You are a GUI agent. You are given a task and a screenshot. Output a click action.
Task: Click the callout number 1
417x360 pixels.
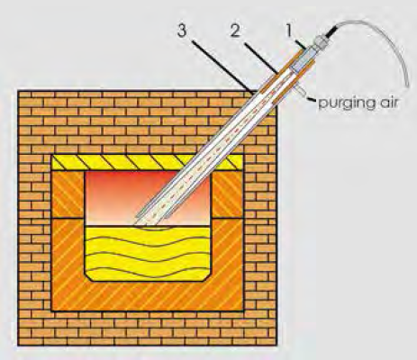[x=288, y=31]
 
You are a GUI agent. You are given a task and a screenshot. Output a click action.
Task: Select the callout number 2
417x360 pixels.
[x=236, y=31]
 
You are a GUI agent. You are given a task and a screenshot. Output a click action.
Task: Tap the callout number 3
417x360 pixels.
[x=182, y=31]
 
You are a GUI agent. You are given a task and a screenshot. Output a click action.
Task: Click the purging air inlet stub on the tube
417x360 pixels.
[x=301, y=91]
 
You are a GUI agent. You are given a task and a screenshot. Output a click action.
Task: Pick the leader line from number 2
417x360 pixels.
[x=261, y=58]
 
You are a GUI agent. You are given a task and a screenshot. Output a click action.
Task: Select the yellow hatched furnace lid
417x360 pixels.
[x=147, y=162]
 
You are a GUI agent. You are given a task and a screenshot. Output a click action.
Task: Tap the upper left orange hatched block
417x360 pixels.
[x=68, y=194]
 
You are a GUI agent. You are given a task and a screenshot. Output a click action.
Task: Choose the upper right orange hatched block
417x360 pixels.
[x=228, y=194]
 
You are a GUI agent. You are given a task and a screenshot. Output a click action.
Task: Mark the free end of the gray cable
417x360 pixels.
[x=408, y=86]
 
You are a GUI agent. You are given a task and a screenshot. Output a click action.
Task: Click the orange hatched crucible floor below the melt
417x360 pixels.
[x=148, y=296]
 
